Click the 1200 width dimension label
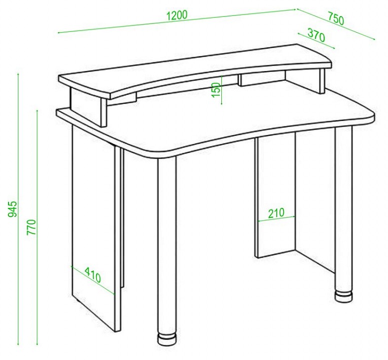tap(177, 15)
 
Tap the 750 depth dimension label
tap(336, 18)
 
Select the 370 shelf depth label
tap(316, 35)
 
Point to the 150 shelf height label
tap(216, 89)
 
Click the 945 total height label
tap(13, 209)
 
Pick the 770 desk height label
tap(32, 227)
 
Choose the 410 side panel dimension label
tap(93, 275)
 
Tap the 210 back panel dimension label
tap(276, 213)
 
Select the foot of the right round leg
tap(343, 296)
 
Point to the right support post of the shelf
tap(322, 80)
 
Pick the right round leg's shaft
tap(343, 210)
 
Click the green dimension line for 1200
tap(176, 21)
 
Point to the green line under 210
tap(276, 219)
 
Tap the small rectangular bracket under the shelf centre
tap(262, 79)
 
